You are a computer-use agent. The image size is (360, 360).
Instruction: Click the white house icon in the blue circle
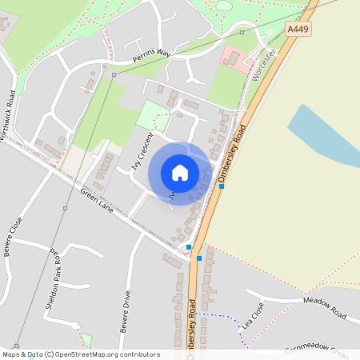tap(180, 173)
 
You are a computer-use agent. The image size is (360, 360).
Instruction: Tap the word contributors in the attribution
tap(139, 354)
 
